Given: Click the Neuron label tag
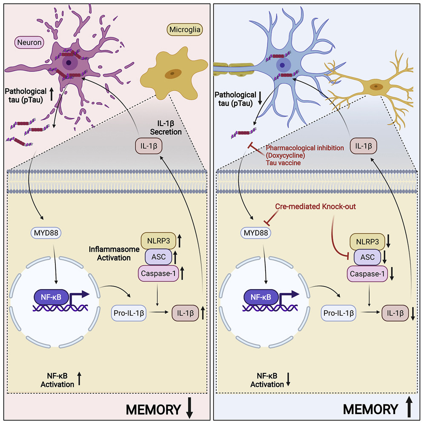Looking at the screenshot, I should pos(29,43).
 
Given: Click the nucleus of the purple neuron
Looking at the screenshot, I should pos(68,64).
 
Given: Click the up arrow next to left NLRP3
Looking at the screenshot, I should pos(180,241).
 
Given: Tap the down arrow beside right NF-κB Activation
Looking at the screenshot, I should pos(288,380).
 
